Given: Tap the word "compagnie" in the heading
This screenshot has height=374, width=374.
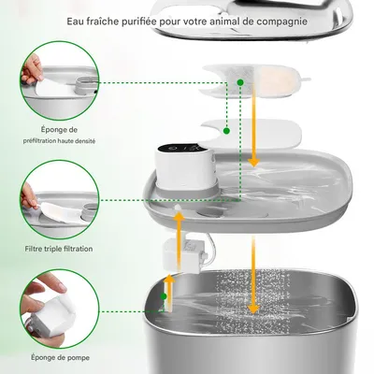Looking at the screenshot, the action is coord(281,22).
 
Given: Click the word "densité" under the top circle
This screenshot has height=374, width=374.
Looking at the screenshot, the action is coord(84,141).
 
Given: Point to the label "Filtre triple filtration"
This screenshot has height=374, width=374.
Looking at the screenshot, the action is coord(59,249).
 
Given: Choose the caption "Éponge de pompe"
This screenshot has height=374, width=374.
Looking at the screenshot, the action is coord(60,357).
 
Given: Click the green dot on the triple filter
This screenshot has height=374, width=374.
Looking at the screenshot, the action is coord(240,82).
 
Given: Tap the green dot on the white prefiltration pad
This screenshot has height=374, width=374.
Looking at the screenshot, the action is coord(226,131).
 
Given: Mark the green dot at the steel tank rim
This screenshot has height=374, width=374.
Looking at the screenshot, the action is coord(164,296).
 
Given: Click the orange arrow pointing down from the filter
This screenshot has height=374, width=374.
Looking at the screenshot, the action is coord(254,124).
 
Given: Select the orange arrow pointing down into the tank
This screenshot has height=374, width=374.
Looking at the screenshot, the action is coord(253,274).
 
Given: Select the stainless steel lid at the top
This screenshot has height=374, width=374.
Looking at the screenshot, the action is coord(252,21).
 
